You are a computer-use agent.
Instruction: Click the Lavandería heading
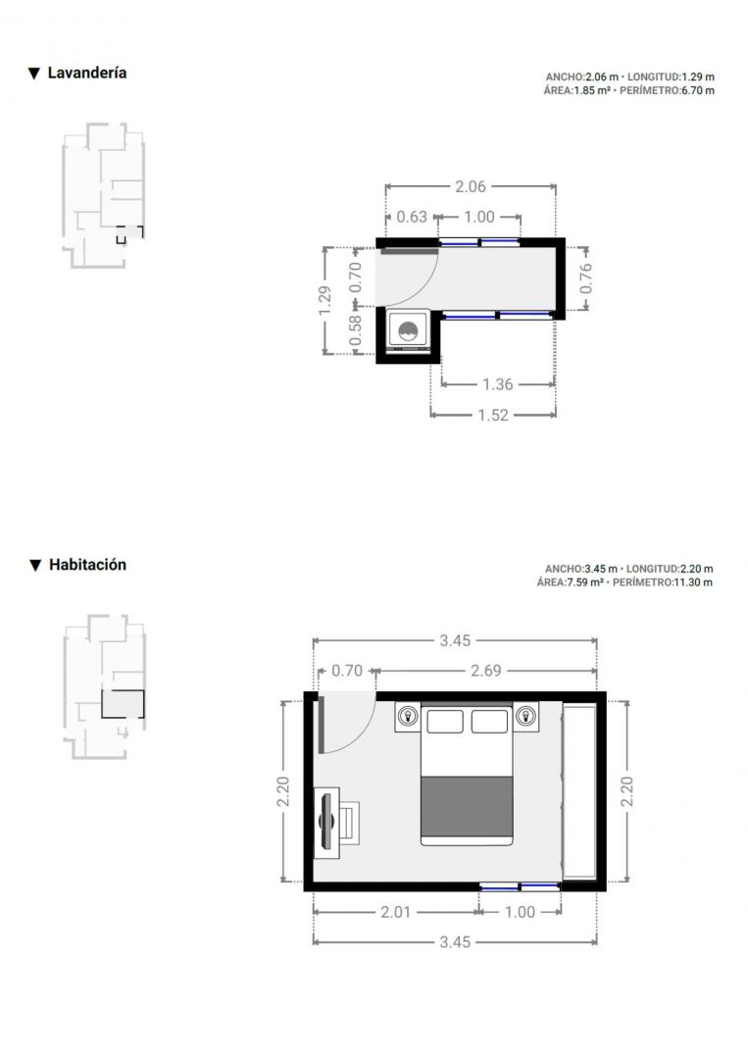(x=86, y=73)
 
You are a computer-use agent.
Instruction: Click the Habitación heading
(x=87, y=565)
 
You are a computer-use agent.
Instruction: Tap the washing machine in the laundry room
(x=408, y=331)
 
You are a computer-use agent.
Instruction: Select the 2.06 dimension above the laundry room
(x=470, y=186)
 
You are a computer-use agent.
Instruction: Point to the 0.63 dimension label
(x=412, y=217)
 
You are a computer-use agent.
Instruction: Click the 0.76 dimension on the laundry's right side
(x=585, y=277)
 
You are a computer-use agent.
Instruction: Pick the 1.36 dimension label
(x=498, y=384)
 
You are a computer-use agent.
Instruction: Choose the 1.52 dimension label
(x=493, y=415)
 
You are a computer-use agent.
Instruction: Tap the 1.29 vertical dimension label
(x=324, y=300)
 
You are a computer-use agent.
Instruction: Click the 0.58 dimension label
(x=355, y=331)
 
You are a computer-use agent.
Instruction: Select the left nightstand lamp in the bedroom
(x=408, y=716)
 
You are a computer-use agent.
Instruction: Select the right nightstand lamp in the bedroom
(x=524, y=716)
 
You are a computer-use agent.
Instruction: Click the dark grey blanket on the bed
(x=467, y=806)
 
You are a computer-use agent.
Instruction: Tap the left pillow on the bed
(x=445, y=722)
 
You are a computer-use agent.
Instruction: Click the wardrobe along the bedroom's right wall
(x=579, y=791)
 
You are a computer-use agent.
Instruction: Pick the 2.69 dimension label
(x=486, y=671)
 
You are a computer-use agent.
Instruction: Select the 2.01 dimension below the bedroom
(x=396, y=912)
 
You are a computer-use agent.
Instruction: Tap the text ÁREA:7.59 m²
(x=570, y=582)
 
